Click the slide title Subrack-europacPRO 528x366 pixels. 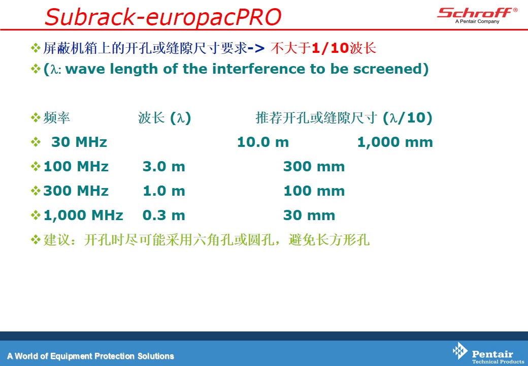(x=163, y=17)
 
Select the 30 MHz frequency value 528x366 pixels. (x=79, y=142)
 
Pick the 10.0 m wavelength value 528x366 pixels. (x=263, y=142)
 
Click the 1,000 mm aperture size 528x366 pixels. (x=395, y=142)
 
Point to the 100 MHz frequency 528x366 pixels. (x=76, y=167)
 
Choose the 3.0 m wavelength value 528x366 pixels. (x=164, y=167)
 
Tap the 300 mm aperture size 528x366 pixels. (x=314, y=167)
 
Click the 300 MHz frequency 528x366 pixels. (x=76, y=191)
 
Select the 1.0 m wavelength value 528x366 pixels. (x=164, y=191)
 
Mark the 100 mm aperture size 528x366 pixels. (x=314, y=191)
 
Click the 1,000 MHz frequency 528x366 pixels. (x=83, y=216)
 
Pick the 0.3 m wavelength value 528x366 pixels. (x=164, y=215)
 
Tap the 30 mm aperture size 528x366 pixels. (x=309, y=215)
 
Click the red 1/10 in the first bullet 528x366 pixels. (x=330, y=48)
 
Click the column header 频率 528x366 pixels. (x=56, y=117)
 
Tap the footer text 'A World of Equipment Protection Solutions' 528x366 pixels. (x=90, y=356)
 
